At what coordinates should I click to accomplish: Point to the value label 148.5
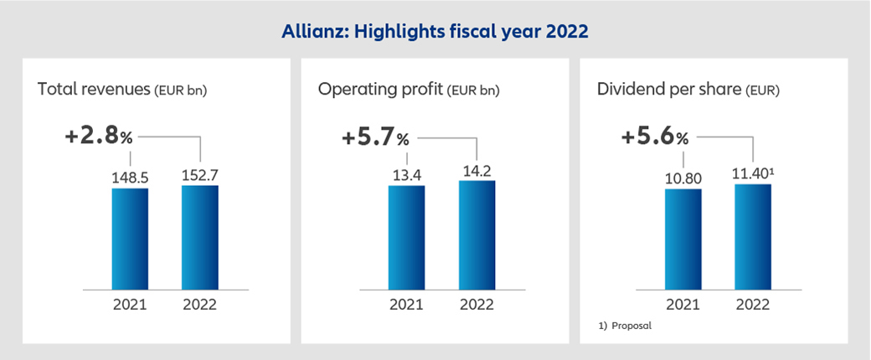(x=130, y=177)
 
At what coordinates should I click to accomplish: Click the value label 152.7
(x=199, y=174)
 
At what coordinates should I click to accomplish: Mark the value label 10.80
(x=683, y=177)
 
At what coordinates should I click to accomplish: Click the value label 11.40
(x=751, y=174)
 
